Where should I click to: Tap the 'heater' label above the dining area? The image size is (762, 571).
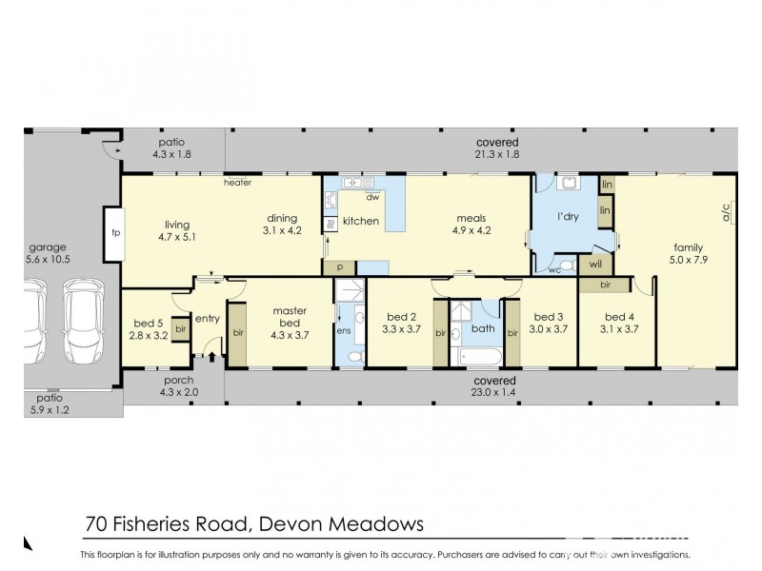pyautogui.click(x=236, y=180)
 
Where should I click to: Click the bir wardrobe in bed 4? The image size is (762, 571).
pyautogui.click(x=605, y=284)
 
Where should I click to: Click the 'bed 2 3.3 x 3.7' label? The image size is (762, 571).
pyautogui.click(x=402, y=324)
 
